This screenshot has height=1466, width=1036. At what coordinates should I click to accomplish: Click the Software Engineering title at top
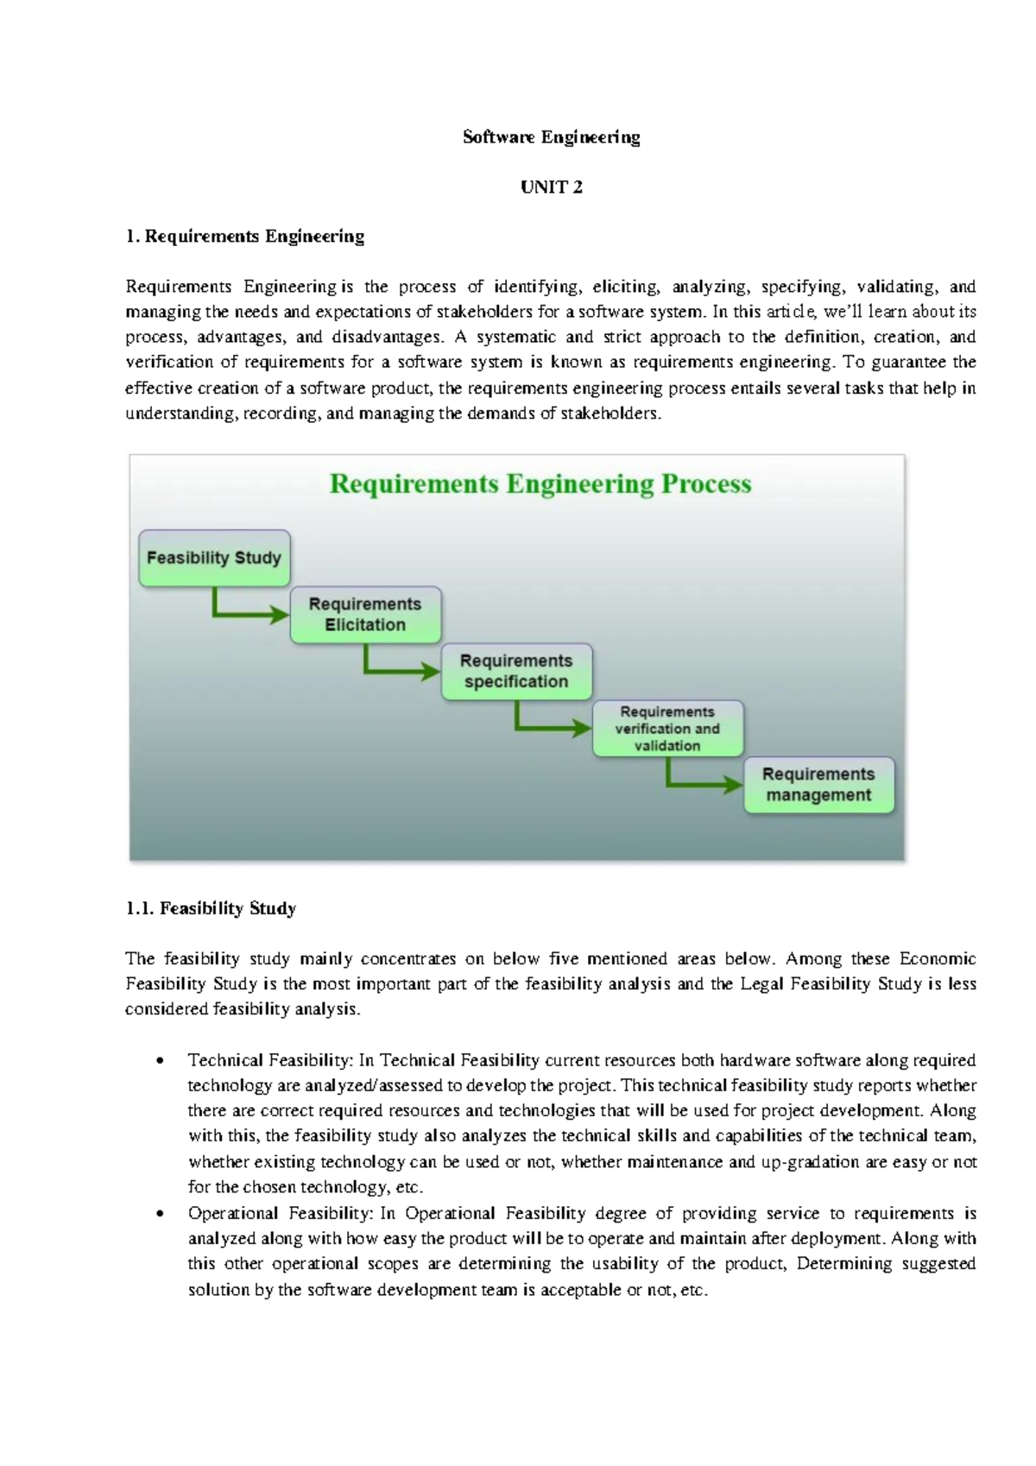551,137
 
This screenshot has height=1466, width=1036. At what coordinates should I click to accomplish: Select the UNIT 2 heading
551,187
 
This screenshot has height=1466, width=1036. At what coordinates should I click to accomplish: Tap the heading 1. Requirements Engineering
244,237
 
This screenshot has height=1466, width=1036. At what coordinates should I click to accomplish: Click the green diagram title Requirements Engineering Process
540,483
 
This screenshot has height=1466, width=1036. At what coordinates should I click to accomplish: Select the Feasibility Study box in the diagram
214,558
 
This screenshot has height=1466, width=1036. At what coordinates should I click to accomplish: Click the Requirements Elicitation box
365,615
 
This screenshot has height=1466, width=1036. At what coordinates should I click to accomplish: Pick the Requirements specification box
516,671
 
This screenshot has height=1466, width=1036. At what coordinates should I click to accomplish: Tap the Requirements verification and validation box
667,729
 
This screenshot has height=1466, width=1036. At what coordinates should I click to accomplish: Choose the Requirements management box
818,785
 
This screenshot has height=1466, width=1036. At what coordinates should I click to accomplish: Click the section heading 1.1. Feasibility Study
211,908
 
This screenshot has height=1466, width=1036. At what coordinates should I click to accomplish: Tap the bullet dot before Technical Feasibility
159,1061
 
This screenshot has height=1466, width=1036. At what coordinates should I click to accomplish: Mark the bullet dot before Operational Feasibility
159,1214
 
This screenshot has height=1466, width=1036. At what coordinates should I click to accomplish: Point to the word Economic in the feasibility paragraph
938,958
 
